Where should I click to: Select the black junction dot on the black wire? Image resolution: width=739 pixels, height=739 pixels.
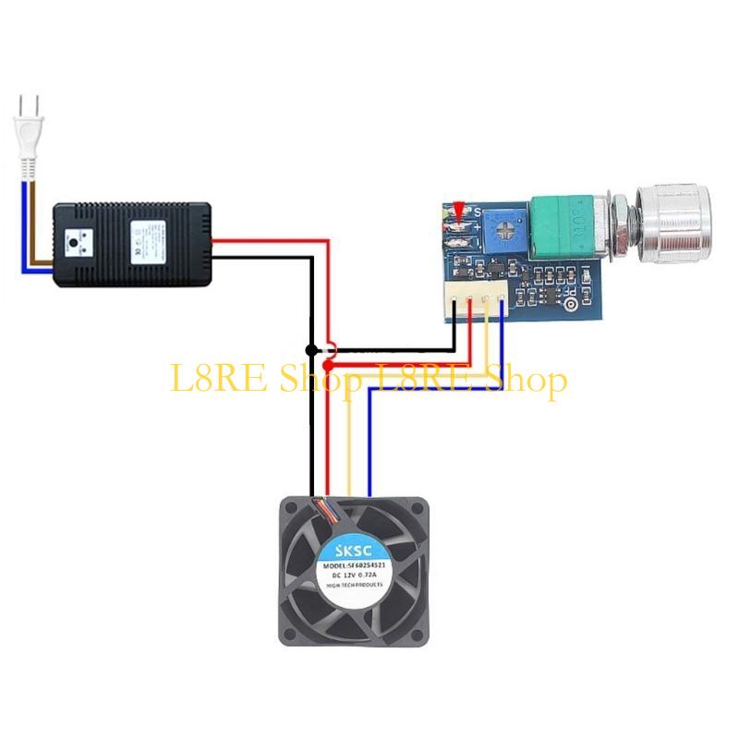click(x=311, y=350)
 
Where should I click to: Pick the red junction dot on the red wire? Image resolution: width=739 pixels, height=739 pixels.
click(x=329, y=366)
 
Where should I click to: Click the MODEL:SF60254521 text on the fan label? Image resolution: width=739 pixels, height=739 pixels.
click(x=355, y=564)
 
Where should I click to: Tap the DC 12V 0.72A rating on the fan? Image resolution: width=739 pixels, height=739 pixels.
click(x=355, y=575)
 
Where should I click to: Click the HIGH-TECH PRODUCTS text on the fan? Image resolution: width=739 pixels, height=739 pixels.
click(x=355, y=587)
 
